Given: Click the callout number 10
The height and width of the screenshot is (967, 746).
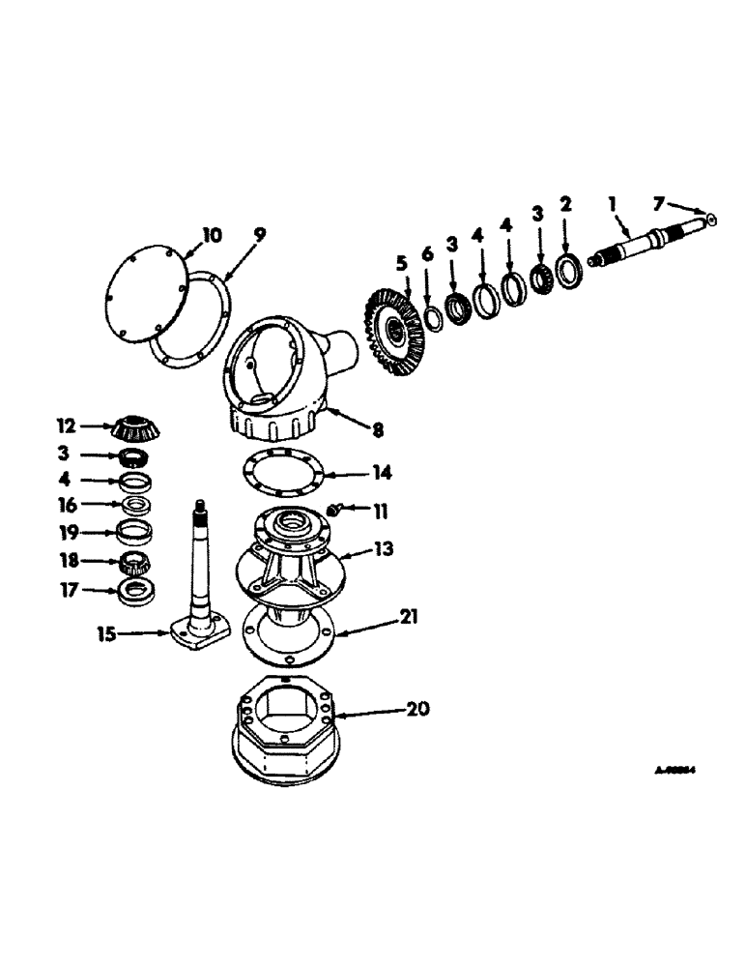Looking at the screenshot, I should click(212, 235).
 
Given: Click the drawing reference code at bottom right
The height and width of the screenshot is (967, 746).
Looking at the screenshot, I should click(675, 772).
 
